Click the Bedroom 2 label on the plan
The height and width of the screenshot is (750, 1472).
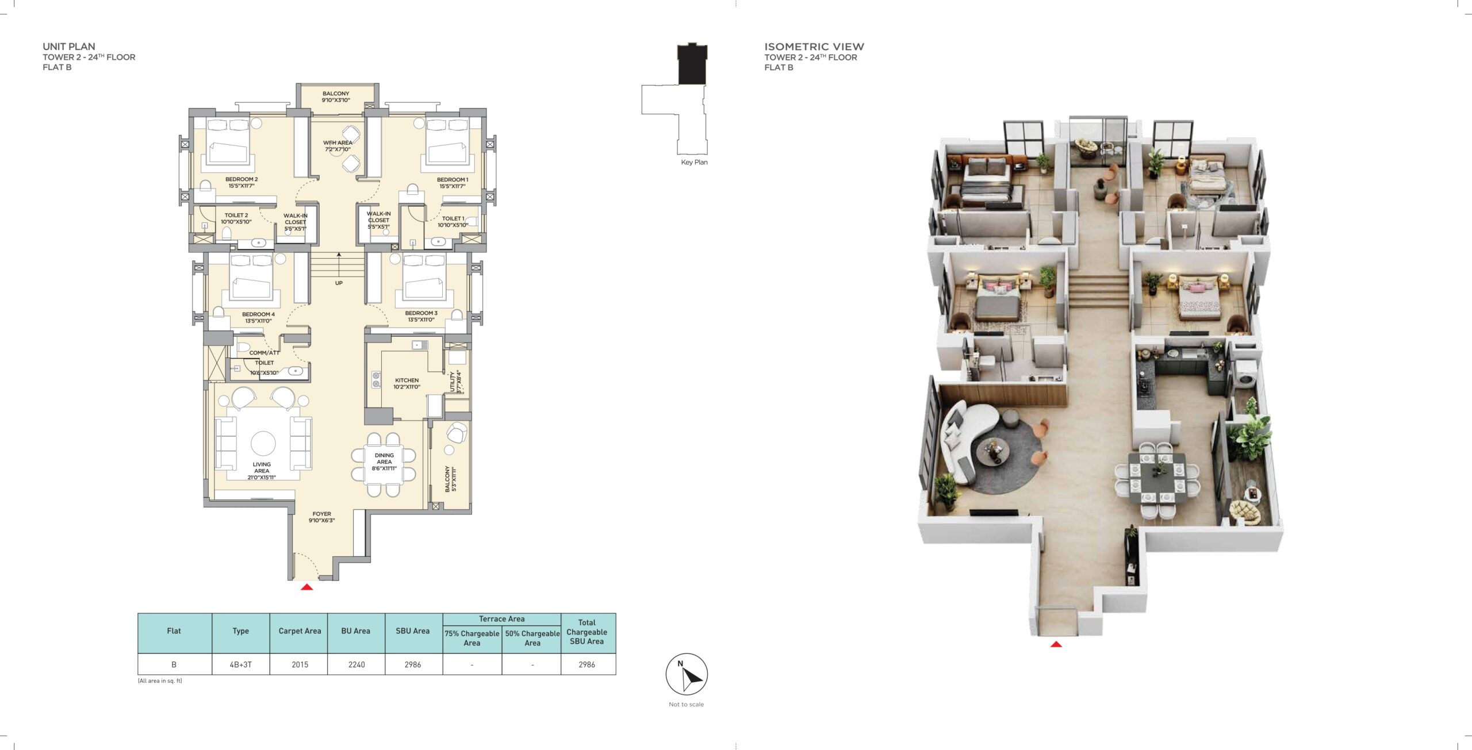[241, 183]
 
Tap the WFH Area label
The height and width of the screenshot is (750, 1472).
[338, 146]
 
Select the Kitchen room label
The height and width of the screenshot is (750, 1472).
[407, 383]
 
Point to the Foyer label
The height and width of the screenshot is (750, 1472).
[321, 517]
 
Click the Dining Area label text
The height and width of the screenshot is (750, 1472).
[384, 461]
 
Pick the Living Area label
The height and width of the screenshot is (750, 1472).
[262, 471]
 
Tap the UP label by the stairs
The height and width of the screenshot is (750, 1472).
[339, 283]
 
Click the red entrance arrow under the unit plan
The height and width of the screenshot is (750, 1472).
[307, 587]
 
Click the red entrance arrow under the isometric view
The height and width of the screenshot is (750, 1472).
[1056, 644]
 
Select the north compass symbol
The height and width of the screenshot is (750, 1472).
[687, 674]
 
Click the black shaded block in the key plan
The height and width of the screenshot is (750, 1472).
[692, 64]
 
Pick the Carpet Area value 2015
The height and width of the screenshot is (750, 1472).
[300, 664]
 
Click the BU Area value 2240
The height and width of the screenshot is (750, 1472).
[356, 664]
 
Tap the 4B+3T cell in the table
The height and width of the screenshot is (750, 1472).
[240, 664]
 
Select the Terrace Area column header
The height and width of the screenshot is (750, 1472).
[501, 619]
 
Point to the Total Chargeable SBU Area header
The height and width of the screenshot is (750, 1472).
[586, 632]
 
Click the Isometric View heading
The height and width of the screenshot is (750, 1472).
[814, 47]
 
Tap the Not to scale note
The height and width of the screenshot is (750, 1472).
[686, 704]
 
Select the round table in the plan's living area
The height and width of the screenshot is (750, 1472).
[263, 443]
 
